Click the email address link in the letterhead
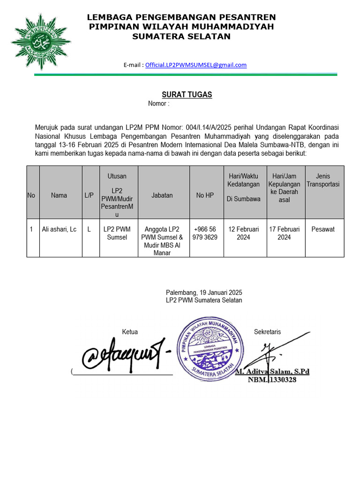(195, 65)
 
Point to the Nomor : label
(158, 104)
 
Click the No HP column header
(205, 195)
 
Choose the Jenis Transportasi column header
(323, 180)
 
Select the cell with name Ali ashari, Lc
(59, 229)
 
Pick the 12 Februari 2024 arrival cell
(244, 233)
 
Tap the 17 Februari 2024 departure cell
(284, 233)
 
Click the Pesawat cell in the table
(323, 229)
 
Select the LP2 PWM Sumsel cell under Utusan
(117, 233)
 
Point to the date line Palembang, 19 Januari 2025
(204, 292)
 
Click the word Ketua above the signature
(130, 332)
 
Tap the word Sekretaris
(267, 332)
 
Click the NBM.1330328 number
(272, 380)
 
